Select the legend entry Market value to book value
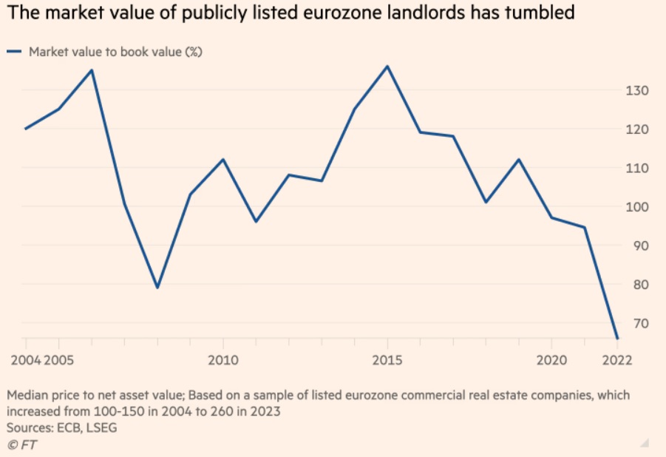click(115, 52)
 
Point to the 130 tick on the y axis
click(637, 91)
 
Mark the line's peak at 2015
click(387, 66)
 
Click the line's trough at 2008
click(157, 288)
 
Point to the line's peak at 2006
click(92, 70)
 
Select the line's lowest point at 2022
click(617, 339)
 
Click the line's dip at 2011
click(256, 222)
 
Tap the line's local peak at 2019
click(519, 160)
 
